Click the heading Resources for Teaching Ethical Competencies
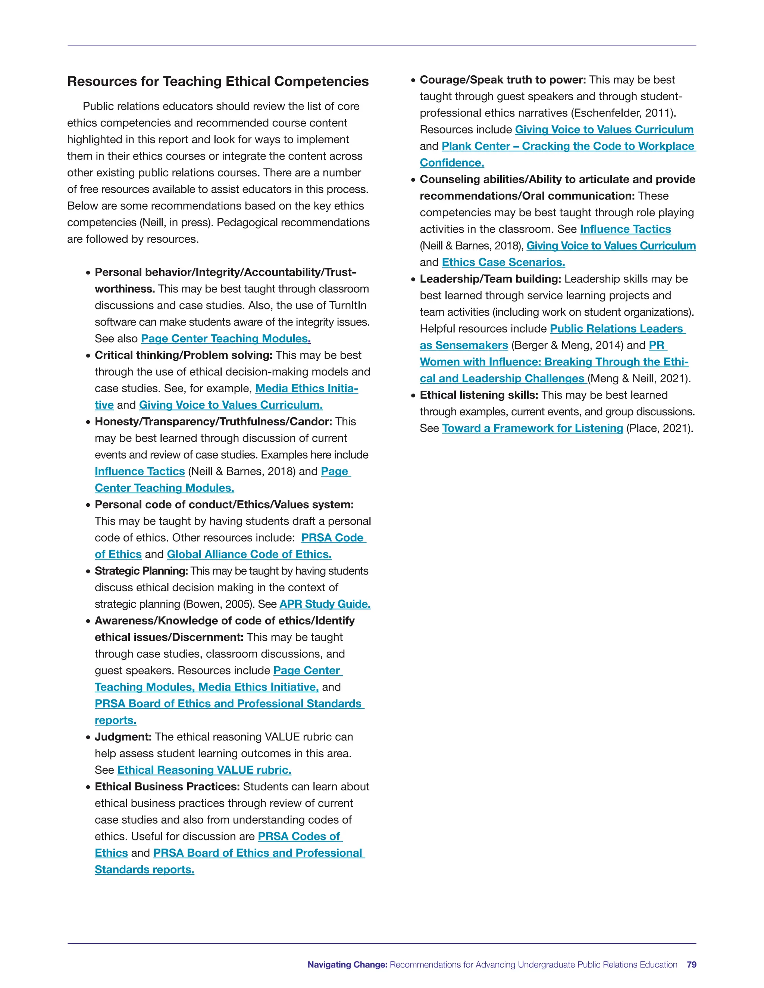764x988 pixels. [218, 81]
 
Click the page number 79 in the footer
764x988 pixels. [691, 965]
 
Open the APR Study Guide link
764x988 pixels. [325, 604]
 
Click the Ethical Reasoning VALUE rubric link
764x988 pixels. [204, 770]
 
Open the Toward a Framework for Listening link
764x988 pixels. [532, 428]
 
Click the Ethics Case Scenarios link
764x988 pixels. [503, 262]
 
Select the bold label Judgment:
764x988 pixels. [123, 737]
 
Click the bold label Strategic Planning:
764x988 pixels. [141, 571]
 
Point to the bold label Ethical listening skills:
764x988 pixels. [479, 395]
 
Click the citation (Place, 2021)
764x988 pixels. [660, 428]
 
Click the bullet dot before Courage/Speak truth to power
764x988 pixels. [413, 81]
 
